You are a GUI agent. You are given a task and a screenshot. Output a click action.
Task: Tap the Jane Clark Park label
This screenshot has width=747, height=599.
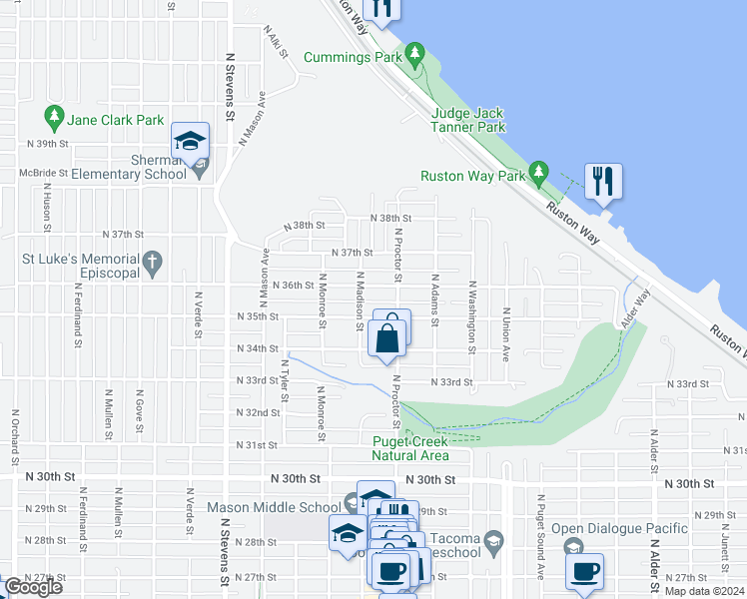tap(116, 120)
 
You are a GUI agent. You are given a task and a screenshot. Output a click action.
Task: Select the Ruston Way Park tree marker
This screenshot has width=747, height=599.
tap(539, 174)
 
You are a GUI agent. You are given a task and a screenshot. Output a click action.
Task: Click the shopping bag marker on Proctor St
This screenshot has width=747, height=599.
tap(387, 334)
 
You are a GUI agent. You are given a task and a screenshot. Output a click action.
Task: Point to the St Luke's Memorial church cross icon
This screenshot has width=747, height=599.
tap(152, 265)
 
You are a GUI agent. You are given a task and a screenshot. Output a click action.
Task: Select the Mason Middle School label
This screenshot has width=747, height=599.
tap(274, 507)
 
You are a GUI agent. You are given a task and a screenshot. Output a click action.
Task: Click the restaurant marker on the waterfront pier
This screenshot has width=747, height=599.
tap(602, 181)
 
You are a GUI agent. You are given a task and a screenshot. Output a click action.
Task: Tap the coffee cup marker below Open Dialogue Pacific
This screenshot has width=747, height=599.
tap(585, 572)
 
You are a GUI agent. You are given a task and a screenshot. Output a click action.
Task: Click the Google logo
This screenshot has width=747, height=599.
tap(33, 587)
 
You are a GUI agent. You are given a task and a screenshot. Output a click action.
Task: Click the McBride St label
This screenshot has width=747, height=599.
tap(43, 173)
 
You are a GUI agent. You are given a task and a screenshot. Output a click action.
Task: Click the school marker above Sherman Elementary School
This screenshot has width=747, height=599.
tap(189, 142)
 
